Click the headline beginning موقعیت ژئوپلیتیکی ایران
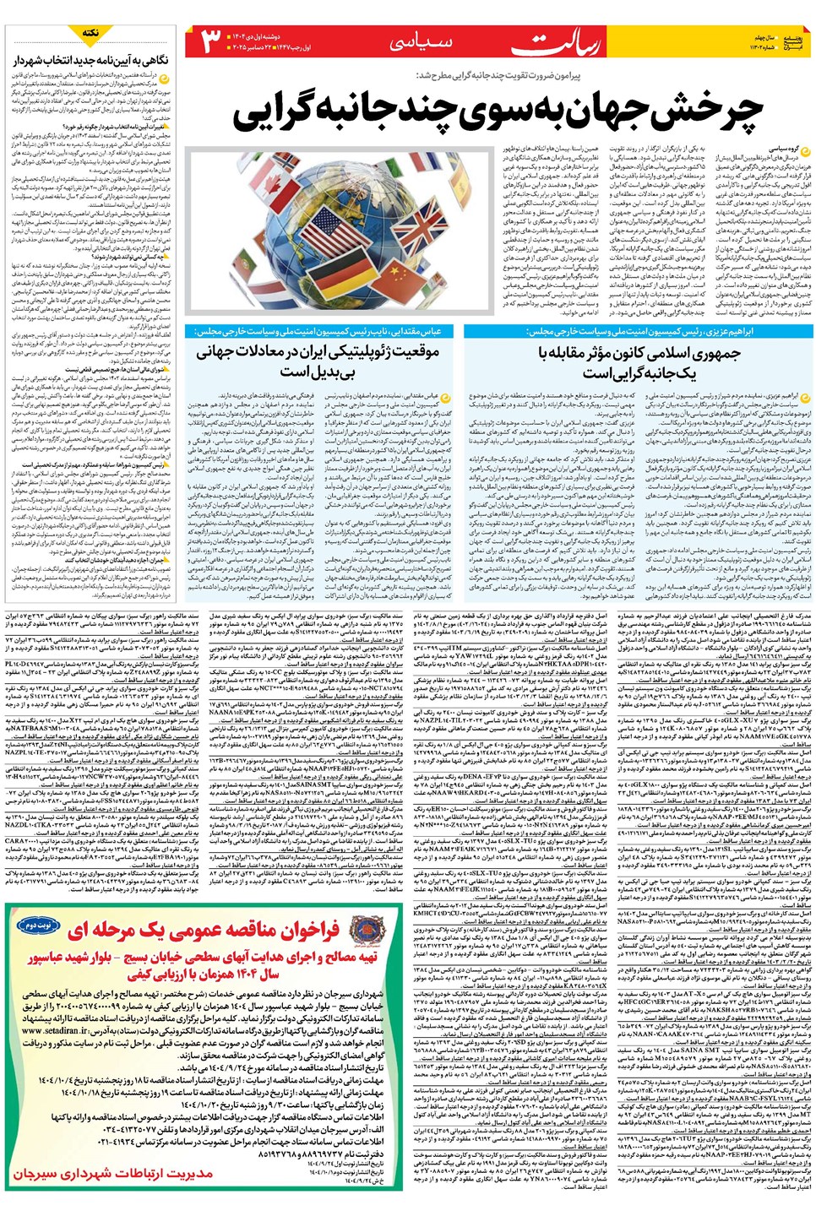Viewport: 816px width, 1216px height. [317, 361]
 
